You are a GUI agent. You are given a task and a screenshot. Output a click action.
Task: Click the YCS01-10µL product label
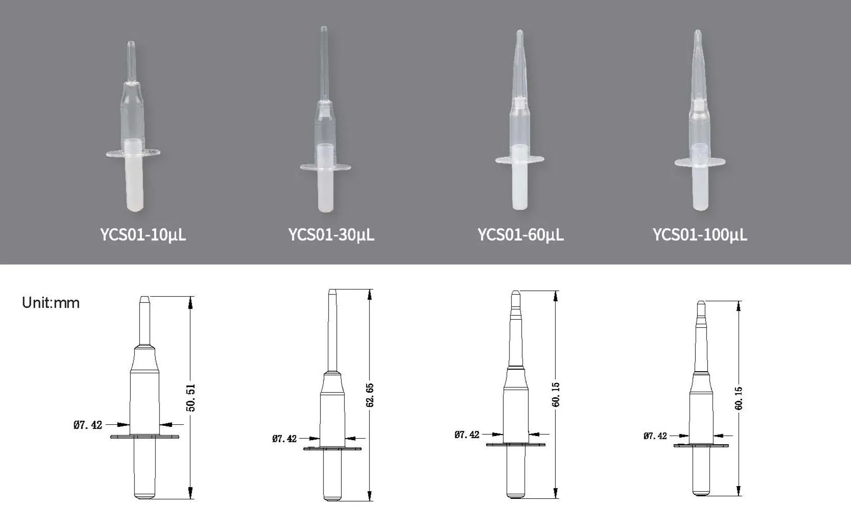tap(143, 235)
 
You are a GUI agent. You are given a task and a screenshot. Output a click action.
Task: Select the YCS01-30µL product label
tap(332, 235)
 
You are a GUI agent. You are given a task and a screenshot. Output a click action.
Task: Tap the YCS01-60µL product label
tap(521, 235)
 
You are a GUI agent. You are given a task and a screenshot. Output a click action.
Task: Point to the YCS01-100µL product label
tap(700, 235)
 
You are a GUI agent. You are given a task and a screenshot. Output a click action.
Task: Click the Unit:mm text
tap(51, 303)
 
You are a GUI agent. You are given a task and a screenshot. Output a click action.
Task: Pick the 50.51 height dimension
tap(191, 398)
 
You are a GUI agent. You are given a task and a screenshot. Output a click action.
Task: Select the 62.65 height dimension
tap(370, 395)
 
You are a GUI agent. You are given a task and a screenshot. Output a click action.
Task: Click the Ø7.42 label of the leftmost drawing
tap(88, 425)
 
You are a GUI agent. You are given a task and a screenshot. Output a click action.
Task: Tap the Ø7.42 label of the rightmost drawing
tap(655, 436)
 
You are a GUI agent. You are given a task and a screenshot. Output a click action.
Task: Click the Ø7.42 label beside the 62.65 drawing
tap(285, 439)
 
